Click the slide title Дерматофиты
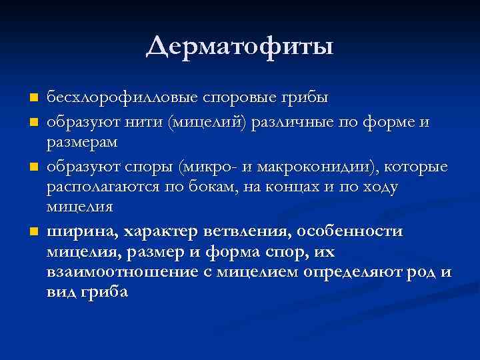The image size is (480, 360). [240, 46]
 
